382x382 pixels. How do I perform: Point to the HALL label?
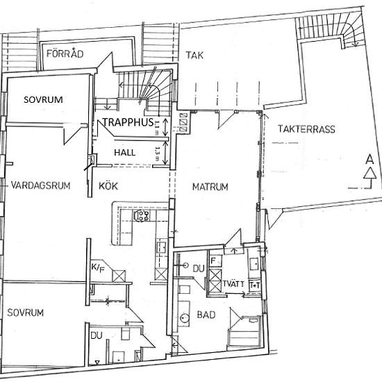click(x=126, y=151)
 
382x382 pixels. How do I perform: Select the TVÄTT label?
click(x=234, y=283)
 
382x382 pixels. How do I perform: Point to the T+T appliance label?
click(x=255, y=284)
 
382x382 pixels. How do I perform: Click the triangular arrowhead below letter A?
click(x=369, y=173)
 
